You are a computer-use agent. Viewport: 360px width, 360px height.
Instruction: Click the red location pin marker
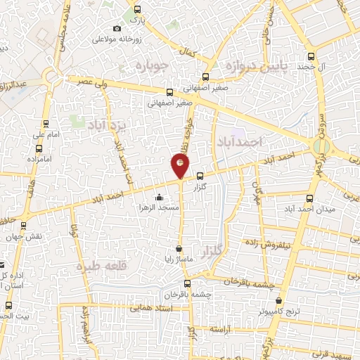(180, 166)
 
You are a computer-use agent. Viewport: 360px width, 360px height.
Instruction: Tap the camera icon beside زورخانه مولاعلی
(117, 29)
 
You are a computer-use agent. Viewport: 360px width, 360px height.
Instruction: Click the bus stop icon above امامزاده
(39, 149)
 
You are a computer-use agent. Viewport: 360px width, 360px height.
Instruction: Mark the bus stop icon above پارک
(137, 11)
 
